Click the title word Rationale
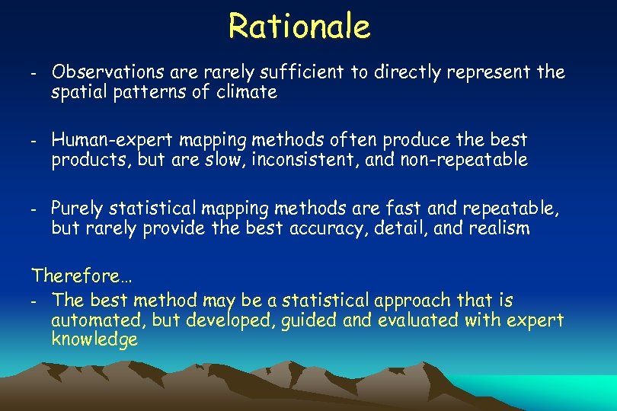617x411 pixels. coord(299,26)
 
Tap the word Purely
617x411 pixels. coord(78,208)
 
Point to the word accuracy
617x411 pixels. coord(330,228)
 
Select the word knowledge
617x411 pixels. coord(94,340)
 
